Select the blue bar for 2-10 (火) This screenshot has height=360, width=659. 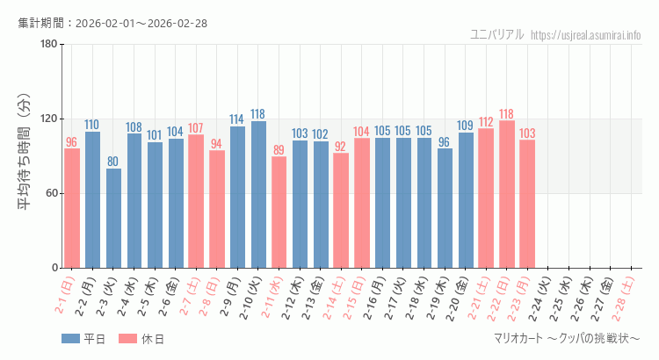click(x=258, y=194)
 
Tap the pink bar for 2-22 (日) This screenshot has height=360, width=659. click(x=507, y=194)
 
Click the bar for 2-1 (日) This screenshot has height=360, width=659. click(x=72, y=208)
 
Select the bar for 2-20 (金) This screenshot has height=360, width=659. click(x=466, y=200)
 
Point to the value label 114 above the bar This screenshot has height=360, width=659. click(x=237, y=119)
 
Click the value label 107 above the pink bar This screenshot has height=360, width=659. click(x=195, y=128)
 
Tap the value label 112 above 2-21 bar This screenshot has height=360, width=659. click(x=486, y=122)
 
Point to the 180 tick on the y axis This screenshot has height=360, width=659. click(x=48, y=45)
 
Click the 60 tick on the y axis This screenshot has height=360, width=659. click(x=51, y=193)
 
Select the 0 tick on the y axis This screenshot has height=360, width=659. click(x=54, y=268)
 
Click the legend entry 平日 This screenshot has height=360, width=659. click(x=84, y=340)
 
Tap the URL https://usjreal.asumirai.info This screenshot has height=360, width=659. click(x=586, y=35)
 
